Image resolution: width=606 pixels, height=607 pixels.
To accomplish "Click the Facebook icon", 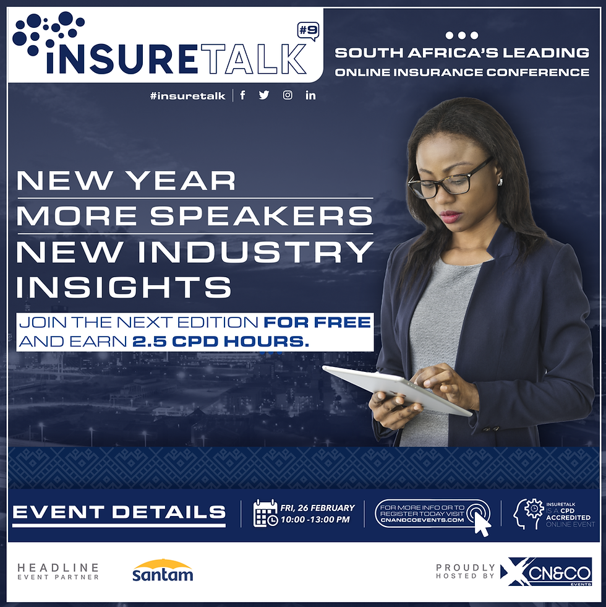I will click(x=242, y=95).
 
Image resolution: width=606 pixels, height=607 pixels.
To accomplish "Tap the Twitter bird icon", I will click(x=264, y=95).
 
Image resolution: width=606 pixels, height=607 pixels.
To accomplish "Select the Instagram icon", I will click(x=288, y=95).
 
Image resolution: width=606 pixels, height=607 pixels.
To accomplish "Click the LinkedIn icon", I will click(x=310, y=95).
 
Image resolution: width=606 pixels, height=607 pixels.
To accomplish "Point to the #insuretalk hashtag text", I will click(x=187, y=96).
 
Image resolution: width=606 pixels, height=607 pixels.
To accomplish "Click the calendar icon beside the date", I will click(x=265, y=513).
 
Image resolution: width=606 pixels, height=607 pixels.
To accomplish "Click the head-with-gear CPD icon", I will click(x=528, y=514).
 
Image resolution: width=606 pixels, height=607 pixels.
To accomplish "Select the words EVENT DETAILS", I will click(x=119, y=512).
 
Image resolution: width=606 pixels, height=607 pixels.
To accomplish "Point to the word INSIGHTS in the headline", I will click(x=124, y=287).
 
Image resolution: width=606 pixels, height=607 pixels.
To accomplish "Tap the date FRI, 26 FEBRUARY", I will click(x=317, y=507).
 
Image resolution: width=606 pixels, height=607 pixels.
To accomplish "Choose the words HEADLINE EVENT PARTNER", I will click(x=58, y=571).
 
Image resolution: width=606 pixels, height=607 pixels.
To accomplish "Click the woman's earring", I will click(x=500, y=182).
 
